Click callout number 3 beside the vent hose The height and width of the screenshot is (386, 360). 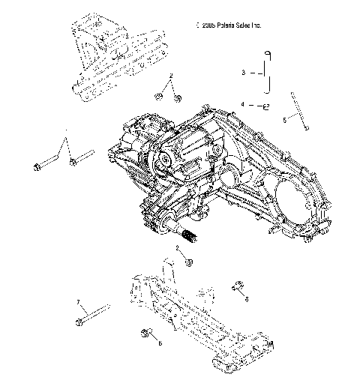pos(243,73)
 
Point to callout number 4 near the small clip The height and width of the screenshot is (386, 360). pos(243,104)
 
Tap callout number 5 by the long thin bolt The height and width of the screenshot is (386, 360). pos(284,119)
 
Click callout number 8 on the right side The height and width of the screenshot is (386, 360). pos(246,298)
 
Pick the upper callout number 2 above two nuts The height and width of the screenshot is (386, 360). pos(171,77)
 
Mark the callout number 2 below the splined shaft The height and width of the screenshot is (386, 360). pos(177,247)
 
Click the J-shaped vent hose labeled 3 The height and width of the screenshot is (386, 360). pos(268,72)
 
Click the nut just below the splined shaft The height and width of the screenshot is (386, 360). pos(189,262)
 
